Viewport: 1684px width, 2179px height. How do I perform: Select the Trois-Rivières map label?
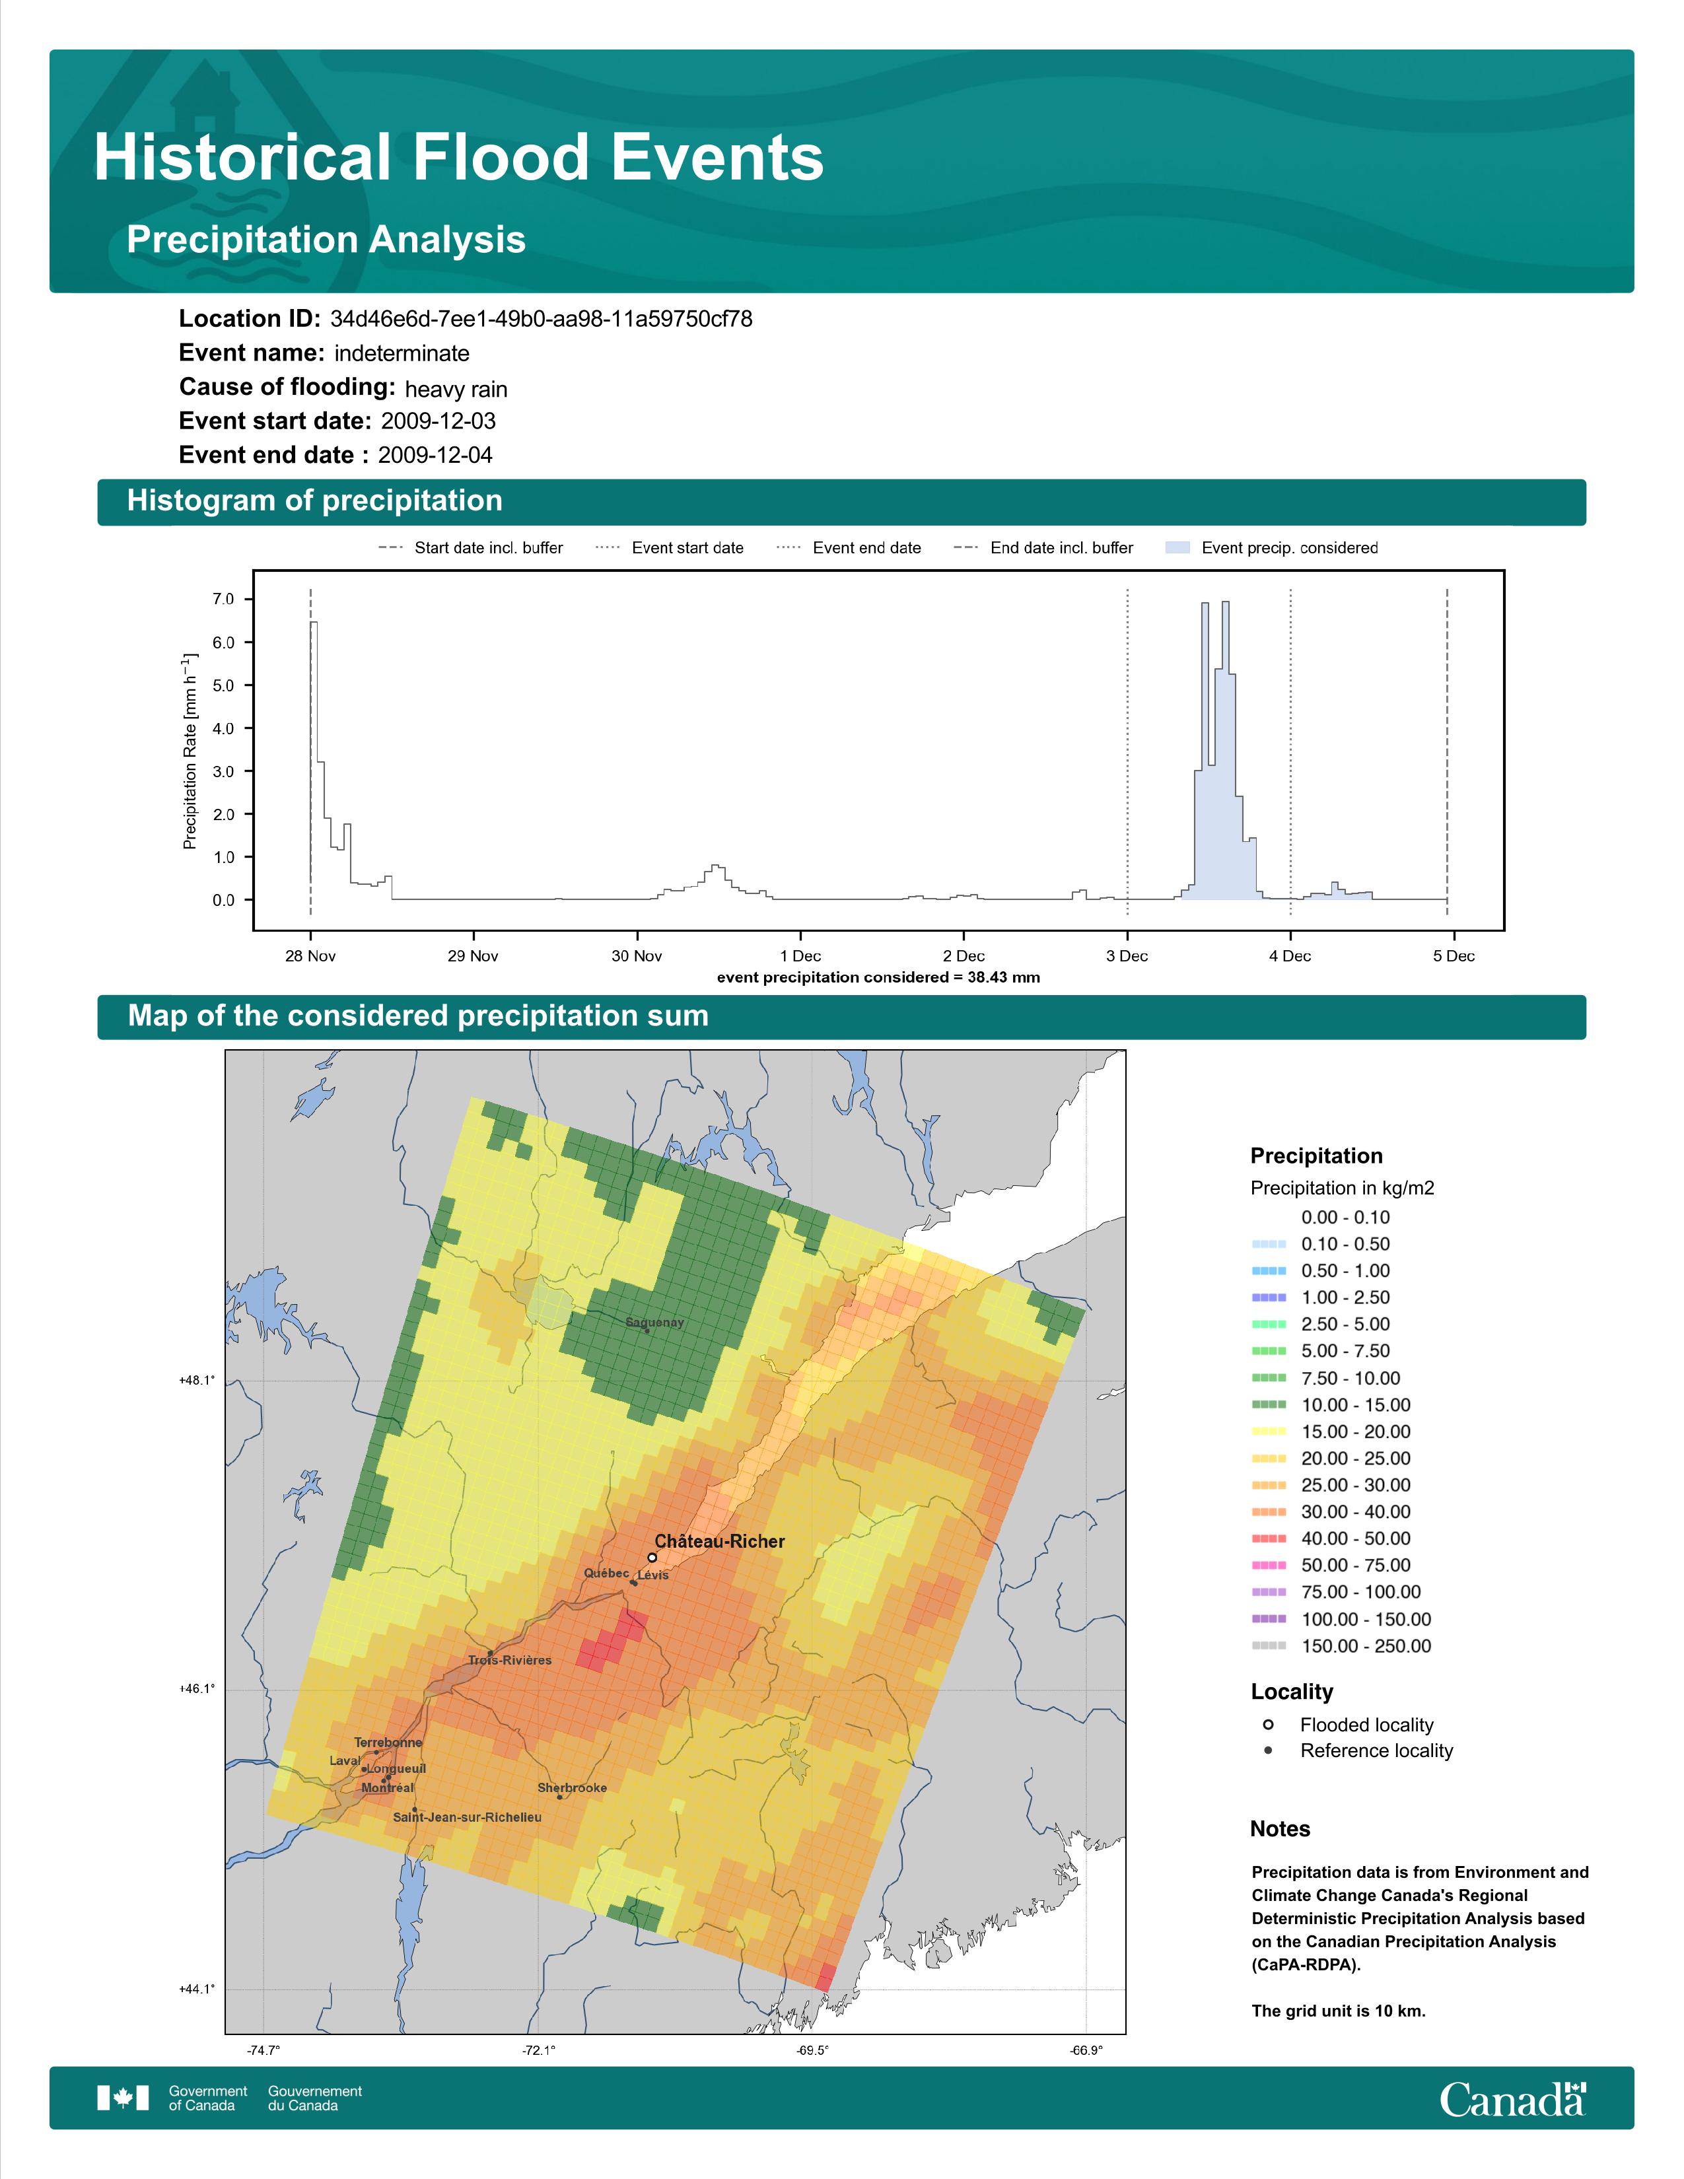[x=510, y=1660]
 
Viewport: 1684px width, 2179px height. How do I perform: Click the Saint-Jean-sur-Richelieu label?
[x=467, y=1817]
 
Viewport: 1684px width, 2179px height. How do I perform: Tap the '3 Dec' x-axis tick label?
[x=1127, y=956]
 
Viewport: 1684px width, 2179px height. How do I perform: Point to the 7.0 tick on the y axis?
[x=223, y=599]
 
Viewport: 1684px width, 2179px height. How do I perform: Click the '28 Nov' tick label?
[x=310, y=956]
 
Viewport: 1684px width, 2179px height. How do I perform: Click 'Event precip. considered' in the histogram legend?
[x=1289, y=548]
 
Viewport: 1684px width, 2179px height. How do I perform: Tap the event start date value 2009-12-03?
[x=438, y=421]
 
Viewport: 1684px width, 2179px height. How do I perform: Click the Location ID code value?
[x=541, y=320]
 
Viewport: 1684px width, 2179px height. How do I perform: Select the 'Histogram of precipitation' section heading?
[x=314, y=501]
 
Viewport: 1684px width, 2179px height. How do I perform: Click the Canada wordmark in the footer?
[x=1512, y=2098]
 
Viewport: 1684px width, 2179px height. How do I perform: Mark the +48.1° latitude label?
[x=197, y=1380]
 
